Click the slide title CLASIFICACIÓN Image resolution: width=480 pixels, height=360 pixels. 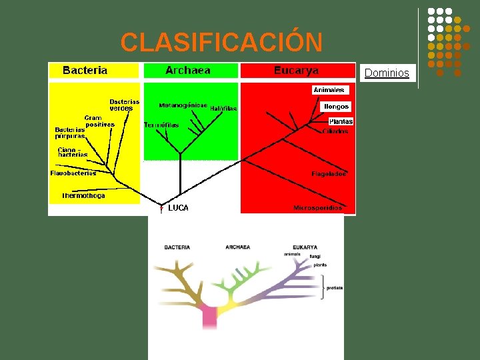(221, 42)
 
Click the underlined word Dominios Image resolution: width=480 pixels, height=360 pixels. (387, 73)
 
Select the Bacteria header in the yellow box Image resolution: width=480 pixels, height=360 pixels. (85, 70)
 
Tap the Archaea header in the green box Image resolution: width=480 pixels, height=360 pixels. (188, 70)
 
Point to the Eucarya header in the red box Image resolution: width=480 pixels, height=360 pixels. (296, 70)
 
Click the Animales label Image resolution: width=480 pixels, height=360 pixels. (329, 90)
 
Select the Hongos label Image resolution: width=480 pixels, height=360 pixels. (336, 107)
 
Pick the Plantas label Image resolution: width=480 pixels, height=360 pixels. (341, 122)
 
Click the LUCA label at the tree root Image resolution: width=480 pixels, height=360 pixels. (178, 208)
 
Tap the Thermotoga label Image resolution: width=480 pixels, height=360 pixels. (83, 196)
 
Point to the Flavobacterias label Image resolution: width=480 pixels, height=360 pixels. (73, 173)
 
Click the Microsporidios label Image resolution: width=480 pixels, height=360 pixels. (317, 208)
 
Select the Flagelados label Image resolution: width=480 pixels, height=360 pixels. (329, 174)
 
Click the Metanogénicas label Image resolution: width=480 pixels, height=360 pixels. (183, 105)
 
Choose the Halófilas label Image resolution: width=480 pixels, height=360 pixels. (223, 109)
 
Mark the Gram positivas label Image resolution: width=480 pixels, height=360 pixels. (99, 121)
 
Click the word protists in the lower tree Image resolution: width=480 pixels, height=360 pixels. (335, 288)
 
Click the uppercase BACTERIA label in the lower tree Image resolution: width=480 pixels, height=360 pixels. (177, 247)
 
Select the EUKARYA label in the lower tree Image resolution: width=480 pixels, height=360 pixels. (304, 247)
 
